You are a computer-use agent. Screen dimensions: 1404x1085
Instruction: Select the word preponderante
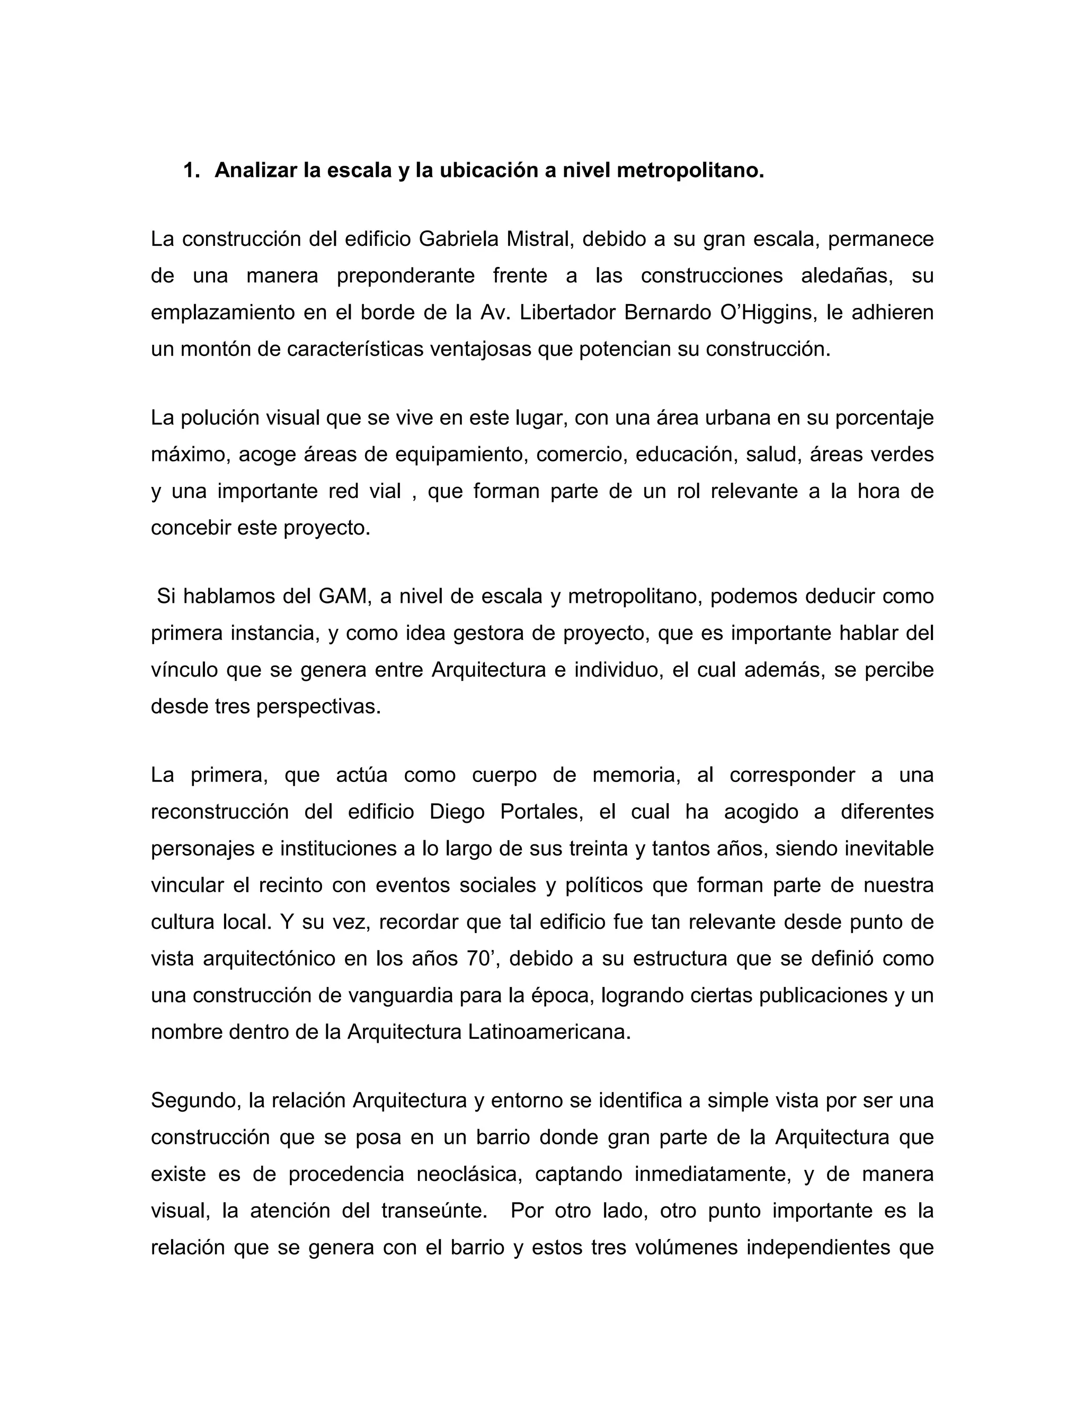click(x=406, y=276)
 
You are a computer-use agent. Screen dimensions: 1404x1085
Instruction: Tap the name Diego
click(x=456, y=812)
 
